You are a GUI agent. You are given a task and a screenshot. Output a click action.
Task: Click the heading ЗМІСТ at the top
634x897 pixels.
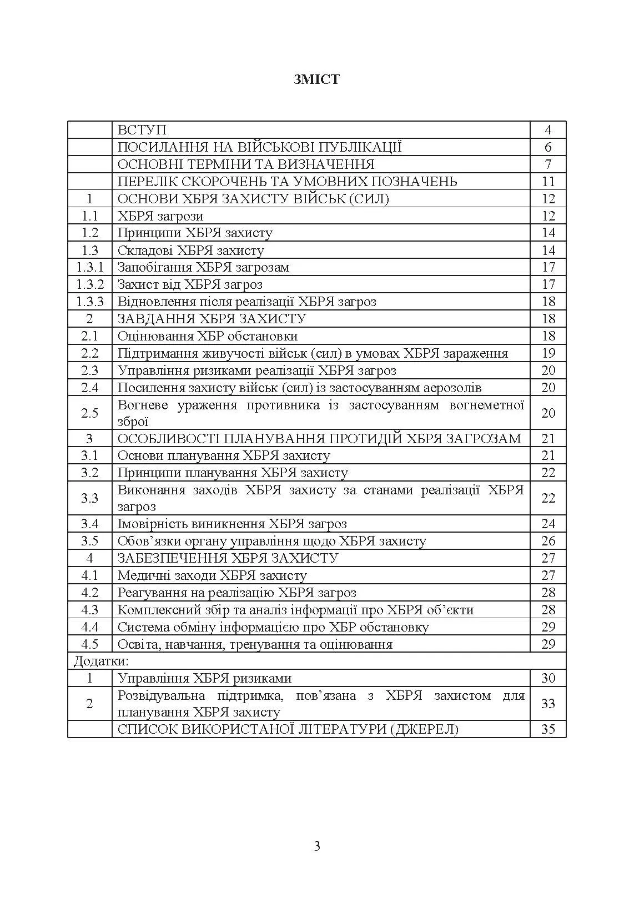point(316,79)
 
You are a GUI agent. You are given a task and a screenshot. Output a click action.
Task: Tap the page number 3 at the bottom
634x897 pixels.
point(317,846)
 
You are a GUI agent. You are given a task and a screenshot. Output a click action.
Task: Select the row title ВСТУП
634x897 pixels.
point(142,130)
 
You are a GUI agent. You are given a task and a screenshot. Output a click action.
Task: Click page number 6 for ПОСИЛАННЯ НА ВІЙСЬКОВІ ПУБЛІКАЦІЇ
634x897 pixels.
point(548,147)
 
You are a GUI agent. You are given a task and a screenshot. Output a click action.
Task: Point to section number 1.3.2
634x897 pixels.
point(90,284)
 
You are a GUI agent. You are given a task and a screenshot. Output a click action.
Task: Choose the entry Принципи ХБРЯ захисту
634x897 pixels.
point(195,233)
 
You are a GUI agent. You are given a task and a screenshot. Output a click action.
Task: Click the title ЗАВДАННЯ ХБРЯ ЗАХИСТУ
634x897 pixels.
point(212,319)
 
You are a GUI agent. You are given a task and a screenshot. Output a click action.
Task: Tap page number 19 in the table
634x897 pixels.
point(548,353)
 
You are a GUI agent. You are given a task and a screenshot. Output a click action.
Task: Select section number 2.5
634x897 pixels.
point(90,413)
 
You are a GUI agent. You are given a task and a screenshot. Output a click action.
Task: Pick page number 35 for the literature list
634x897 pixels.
point(548,729)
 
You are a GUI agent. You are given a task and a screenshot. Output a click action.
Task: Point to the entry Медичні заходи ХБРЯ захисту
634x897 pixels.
point(212,575)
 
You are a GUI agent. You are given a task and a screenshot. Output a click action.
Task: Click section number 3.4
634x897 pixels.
point(90,524)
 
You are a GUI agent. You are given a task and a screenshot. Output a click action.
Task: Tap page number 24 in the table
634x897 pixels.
point(548,524)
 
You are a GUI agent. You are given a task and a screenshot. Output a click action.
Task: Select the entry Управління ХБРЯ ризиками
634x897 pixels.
point(204,678)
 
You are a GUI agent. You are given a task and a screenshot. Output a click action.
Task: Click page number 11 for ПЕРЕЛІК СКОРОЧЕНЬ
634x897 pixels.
point(548,182)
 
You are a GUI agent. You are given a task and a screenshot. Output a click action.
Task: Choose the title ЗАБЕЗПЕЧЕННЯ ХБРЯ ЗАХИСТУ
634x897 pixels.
point(228,558)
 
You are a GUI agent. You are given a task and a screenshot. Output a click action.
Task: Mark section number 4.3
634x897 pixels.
point(90,610)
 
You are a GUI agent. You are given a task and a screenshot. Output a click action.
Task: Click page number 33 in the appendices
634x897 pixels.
point(548,704)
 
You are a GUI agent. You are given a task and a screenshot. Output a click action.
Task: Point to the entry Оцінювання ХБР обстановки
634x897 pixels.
point(208,336)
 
